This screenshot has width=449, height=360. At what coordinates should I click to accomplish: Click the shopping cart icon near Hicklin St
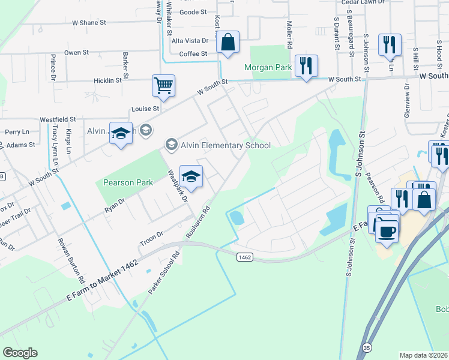click(x=163, y=85)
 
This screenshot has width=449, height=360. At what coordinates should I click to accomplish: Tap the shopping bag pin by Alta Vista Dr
click(x=228, y=42)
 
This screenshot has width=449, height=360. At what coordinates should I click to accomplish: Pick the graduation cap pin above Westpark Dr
click(x=191, y=176)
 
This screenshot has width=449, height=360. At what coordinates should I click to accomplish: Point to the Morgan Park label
click(x=268, y=68)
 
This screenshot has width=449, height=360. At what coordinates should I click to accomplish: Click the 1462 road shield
click(x=244, y=257)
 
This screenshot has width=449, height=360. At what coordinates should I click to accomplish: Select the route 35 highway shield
click(x=367, y=347)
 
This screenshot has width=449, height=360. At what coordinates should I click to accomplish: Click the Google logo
click(x=20, y=353)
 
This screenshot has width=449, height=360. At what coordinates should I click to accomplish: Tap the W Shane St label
click(x=89, y=22)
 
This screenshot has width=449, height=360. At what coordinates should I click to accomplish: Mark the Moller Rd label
click(x=289, y=35)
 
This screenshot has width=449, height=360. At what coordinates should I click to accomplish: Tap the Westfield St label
click(x=58, y=120)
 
